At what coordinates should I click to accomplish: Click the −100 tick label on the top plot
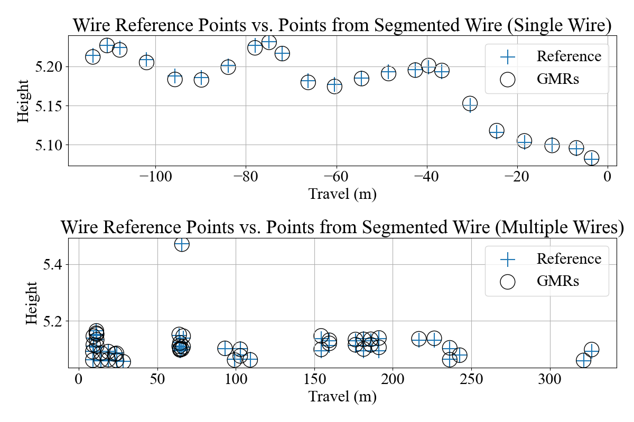155,177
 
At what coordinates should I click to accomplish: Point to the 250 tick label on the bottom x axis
471,379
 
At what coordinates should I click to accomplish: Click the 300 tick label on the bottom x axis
549,379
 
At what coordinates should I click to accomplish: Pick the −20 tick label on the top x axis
517,177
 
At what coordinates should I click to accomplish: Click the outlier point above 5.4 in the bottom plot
182,244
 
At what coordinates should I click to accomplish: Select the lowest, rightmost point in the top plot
592,158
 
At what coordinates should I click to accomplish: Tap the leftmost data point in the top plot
92,57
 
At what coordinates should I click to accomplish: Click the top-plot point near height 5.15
470,103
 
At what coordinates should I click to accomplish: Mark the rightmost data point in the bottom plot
591,350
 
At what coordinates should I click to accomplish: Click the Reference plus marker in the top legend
508,57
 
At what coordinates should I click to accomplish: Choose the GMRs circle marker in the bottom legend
508,282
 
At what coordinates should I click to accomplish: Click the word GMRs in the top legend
557,79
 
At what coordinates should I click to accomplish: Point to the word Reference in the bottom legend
568,258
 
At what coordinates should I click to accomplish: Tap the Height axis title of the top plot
23,101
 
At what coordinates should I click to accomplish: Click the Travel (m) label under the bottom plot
342,396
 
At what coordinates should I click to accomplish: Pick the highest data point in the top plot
269,42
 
